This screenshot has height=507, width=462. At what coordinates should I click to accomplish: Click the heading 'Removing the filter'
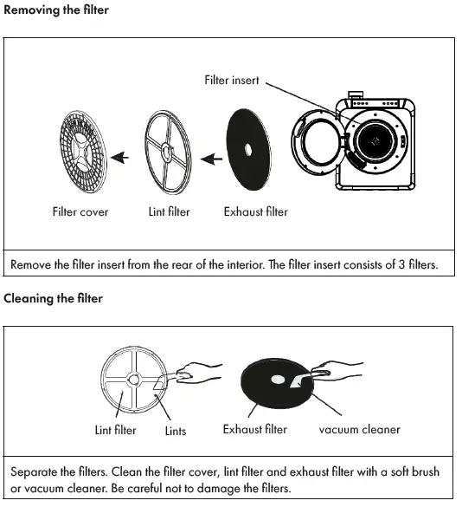(56, 10)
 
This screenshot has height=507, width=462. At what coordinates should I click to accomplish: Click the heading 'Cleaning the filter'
(54, 299)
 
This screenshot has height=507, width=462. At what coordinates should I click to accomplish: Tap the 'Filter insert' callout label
(231, 81)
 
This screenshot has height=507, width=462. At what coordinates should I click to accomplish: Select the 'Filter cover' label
(80, 211)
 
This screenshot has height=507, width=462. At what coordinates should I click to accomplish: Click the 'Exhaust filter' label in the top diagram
(255, 211)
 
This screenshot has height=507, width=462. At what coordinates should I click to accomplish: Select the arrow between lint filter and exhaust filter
(209, 158)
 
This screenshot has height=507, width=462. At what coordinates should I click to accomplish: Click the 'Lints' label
(175, 431)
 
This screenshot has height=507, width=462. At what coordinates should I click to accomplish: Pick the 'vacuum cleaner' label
(359, 429)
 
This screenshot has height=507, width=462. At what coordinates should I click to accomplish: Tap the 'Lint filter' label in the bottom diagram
(115, 430)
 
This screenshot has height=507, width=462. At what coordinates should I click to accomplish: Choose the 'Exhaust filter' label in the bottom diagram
(254, 429)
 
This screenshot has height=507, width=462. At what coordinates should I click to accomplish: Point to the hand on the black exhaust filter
(332, 374)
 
